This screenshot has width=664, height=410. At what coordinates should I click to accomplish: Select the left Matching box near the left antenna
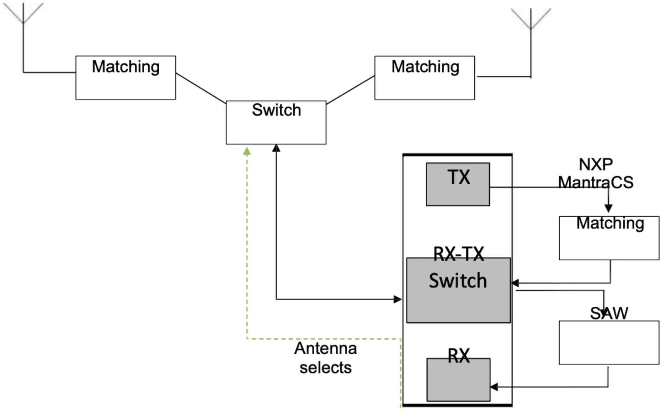(x=125, y=78)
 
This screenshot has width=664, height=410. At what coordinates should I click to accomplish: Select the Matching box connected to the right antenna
(x=424, y=78)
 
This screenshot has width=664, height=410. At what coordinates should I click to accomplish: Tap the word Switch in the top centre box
(x=276, y=110)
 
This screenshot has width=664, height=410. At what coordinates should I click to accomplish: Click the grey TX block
(x=458, y=184)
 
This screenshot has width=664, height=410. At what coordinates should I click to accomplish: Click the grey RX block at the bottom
(x=458, y=380)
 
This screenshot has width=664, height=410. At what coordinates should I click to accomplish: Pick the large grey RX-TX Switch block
(x=458, y=290)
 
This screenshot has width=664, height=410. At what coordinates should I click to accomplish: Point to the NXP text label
(x=595, y=165)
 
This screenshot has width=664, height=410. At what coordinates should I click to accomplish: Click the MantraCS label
(x=595, y=183)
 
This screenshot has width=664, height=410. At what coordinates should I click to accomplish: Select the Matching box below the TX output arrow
(x=609, y=238)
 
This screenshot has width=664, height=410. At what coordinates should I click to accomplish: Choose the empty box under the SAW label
(x=609, y=342)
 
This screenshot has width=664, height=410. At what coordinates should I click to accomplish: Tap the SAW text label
(x=609, y=313)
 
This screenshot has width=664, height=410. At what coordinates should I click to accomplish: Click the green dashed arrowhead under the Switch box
(x=247, y=152)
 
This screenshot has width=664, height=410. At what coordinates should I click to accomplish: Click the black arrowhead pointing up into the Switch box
(x=276, y=148)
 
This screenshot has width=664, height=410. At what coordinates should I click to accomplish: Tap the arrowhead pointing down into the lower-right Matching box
(x=609, y=208)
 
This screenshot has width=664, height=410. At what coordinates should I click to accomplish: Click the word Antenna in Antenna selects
(x=325, y=349)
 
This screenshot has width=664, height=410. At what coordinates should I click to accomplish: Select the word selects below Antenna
(x=325, y=367)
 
